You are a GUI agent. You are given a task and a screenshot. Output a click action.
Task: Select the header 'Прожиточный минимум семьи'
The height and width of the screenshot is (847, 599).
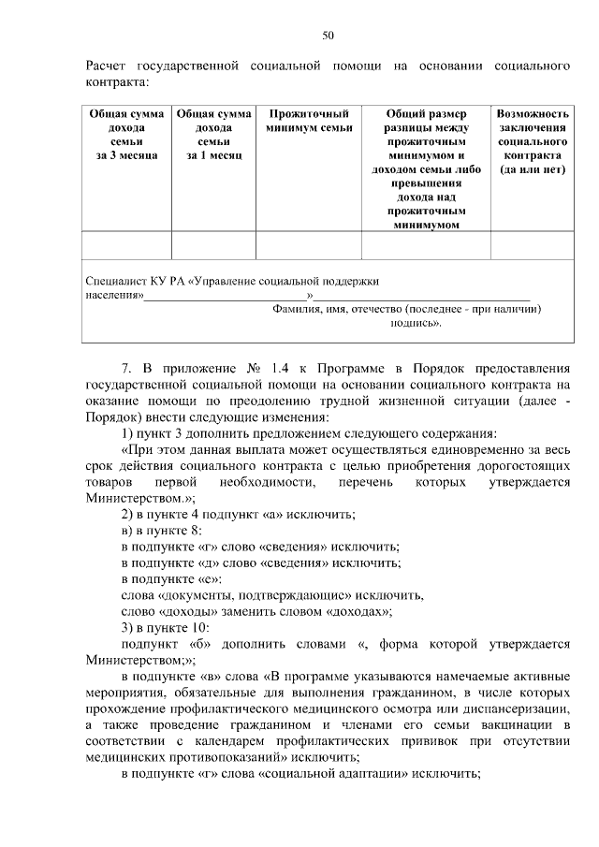point(308,120)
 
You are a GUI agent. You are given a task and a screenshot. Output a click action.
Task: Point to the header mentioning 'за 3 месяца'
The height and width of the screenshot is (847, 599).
point(126,134)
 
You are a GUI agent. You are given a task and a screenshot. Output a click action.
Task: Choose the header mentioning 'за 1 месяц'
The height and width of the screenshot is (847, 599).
point(213,134)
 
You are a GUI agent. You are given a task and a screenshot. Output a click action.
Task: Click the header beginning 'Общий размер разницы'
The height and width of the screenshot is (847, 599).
point(426,168)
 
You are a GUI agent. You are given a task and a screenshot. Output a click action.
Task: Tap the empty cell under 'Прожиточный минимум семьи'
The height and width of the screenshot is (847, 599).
point(308,245)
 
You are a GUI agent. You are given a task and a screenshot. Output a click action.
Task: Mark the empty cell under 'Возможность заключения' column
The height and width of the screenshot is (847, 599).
point(533,245)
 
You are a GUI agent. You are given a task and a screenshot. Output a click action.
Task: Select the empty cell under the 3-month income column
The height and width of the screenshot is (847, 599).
point(126,245)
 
